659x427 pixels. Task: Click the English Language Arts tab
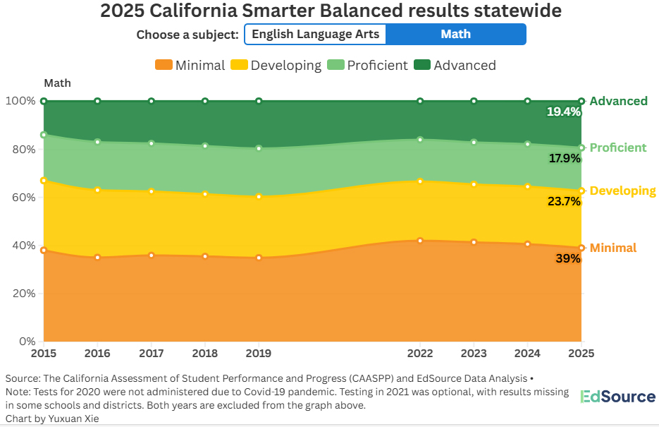[x=316, y=34]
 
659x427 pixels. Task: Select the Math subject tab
[x=455, y=34]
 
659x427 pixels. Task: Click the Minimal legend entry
[x=190, y=65]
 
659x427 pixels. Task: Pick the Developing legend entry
[x=277, y=65]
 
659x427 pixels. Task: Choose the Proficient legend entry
[x=368, y=65]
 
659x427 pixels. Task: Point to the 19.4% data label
[x=564, y=112]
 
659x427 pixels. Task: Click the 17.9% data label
[x=564, y=159]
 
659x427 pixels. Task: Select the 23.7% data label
[x=564, y=201]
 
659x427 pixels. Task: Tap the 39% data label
[x=568, y=258]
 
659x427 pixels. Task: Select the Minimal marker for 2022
[x=420, y=241]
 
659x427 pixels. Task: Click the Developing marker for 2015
[x=44, y=181]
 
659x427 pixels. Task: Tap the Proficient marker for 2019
[x=259, y=148]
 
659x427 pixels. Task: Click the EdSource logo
[x=618, y=397]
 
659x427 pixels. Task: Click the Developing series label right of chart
[x=622, y=191]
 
